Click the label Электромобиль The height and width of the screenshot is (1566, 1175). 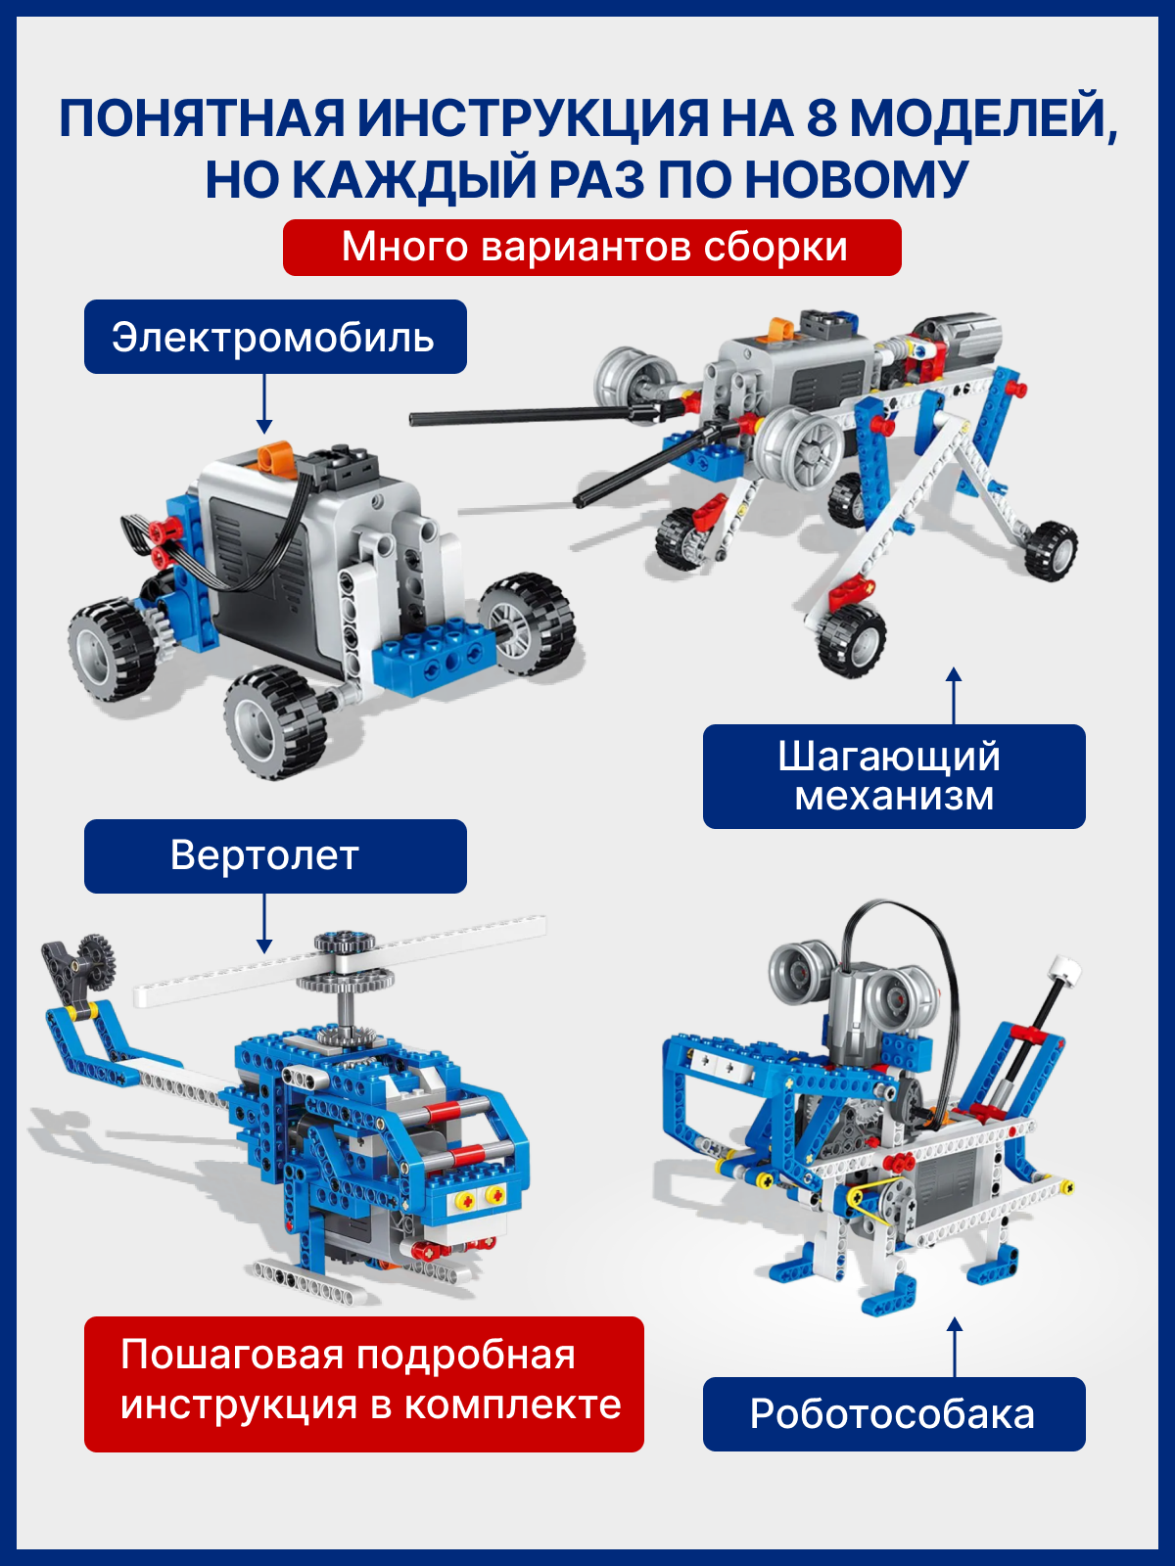point(275,337)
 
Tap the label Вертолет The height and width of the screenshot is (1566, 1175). point(275,855)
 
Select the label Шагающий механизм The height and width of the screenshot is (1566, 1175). point(894,776)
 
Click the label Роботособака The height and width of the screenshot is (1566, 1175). point(894,1414)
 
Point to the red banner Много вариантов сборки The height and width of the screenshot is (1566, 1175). point(592,248)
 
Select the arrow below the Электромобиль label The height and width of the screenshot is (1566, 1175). point(264,404)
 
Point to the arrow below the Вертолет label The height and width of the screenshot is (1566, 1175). point(264,923)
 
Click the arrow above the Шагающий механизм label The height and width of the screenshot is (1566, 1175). point(954,696)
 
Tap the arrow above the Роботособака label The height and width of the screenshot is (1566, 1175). point(955,1347)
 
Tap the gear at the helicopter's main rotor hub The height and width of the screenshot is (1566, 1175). point(345,941)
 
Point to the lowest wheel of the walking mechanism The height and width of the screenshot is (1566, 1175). point(852,640)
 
